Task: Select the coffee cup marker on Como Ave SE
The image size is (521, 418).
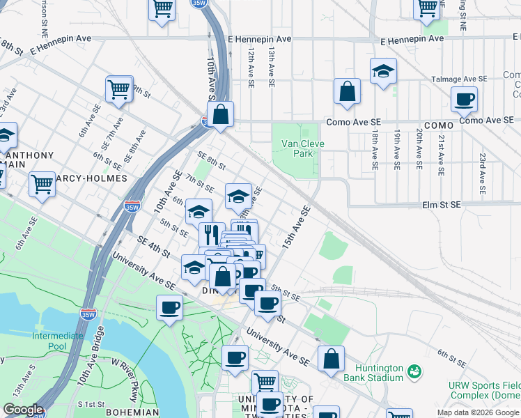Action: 464,100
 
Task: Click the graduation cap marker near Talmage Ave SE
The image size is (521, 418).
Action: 382,72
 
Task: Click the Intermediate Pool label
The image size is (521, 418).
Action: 58,341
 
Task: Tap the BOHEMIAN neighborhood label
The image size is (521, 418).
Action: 133,412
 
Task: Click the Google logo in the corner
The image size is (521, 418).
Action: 23,410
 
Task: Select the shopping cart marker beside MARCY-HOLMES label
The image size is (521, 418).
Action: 42,185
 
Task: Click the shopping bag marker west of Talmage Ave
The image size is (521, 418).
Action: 347,91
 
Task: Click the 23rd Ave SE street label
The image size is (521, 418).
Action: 481,173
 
